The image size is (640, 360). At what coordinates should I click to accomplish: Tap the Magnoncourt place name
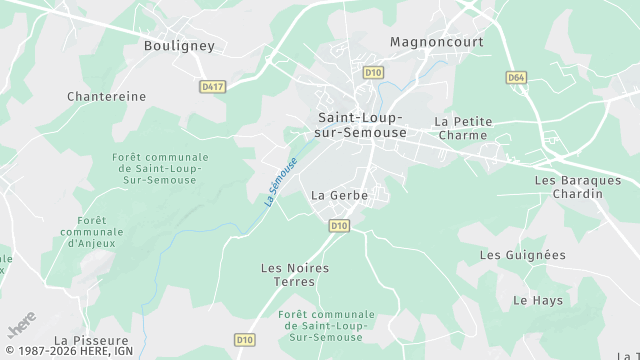pos(436,42)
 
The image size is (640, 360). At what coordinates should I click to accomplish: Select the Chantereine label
pos(106,97)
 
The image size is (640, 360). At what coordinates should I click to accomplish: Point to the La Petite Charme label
pos(463,128)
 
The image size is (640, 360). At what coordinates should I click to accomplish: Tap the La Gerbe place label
pos(340,195)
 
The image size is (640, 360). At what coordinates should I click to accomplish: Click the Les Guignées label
pos(522,255)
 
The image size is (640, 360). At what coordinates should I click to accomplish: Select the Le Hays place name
pos(538,300)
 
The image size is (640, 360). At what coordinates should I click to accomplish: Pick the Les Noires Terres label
pos(294,275)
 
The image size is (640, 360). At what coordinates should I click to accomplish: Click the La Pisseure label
pos(91,341)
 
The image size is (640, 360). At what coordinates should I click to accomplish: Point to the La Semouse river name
pos(281,182)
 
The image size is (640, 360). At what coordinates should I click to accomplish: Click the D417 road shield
pos(213,87)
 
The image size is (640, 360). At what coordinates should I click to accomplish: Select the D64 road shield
pos(516,77)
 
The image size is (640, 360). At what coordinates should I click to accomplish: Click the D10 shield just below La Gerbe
pos(339,226)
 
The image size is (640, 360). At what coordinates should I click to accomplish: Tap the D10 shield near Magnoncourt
pos(373,72)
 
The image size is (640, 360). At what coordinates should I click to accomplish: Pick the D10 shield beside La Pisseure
pos(245,340)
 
